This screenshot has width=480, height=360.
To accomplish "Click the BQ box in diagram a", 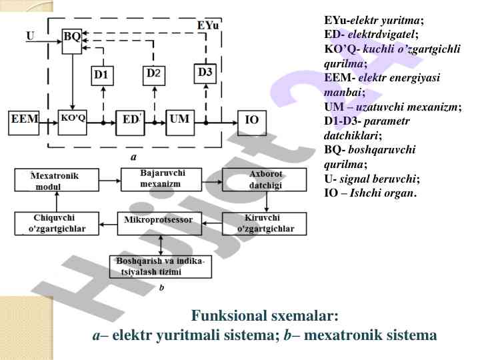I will pos(72,39).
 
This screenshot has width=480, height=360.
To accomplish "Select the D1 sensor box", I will pos(101,75).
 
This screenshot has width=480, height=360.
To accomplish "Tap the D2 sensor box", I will pos(153,74).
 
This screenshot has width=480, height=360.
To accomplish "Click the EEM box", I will pos(25,122).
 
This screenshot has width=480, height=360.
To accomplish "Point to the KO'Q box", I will pos(73,120).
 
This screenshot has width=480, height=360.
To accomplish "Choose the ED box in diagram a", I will pos(129,121).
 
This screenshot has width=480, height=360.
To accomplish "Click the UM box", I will pos(179,121).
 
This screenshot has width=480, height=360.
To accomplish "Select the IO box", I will pos(252,121).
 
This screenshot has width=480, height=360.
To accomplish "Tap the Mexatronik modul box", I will pos(57,181).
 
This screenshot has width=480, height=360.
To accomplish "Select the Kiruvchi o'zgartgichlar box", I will pos(265,224).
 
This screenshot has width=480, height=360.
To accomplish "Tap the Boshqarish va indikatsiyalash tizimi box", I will pos(160,267).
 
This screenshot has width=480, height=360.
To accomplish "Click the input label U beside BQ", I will pos(30,35).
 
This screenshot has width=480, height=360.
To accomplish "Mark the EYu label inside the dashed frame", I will pos(208,27).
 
